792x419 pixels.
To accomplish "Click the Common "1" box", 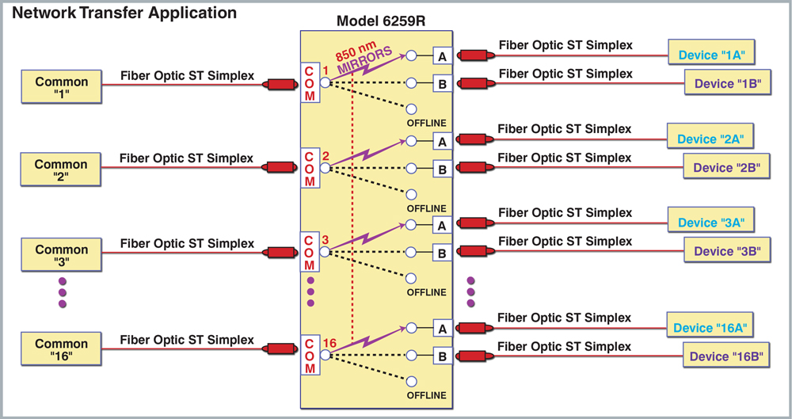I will [x=61, y=87].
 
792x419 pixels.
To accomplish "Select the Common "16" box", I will [x=61, y=349].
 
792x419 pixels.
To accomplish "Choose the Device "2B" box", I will [x=726, y=167].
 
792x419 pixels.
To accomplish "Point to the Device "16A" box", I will [x=710, y=327].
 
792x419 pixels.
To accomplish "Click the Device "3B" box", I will [x=726, y=251].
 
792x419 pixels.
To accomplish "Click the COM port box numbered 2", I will [x=309, y=169].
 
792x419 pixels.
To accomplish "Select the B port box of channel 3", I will [x=443, y=253].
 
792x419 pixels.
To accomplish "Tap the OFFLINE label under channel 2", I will [x=427, y=208].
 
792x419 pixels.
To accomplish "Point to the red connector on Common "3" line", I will [x=280, y=253].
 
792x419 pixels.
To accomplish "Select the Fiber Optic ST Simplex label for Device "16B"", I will [x=565, y=346].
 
